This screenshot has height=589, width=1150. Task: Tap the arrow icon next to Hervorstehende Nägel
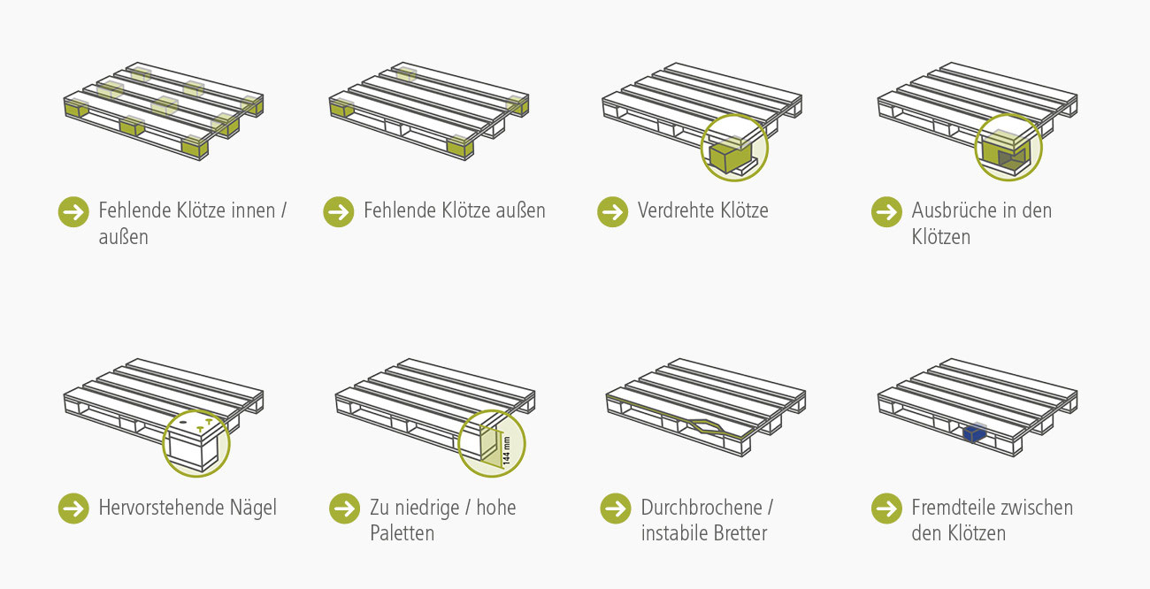[x=73, y=509]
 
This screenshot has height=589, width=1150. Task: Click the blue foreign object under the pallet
[x=974, y=433]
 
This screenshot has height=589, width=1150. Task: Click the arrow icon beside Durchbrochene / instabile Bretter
[x=616, y=509]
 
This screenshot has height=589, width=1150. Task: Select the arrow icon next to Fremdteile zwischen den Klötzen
[x=886, y=509]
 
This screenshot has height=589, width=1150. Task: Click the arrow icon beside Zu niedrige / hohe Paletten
[x=345, y=509]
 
